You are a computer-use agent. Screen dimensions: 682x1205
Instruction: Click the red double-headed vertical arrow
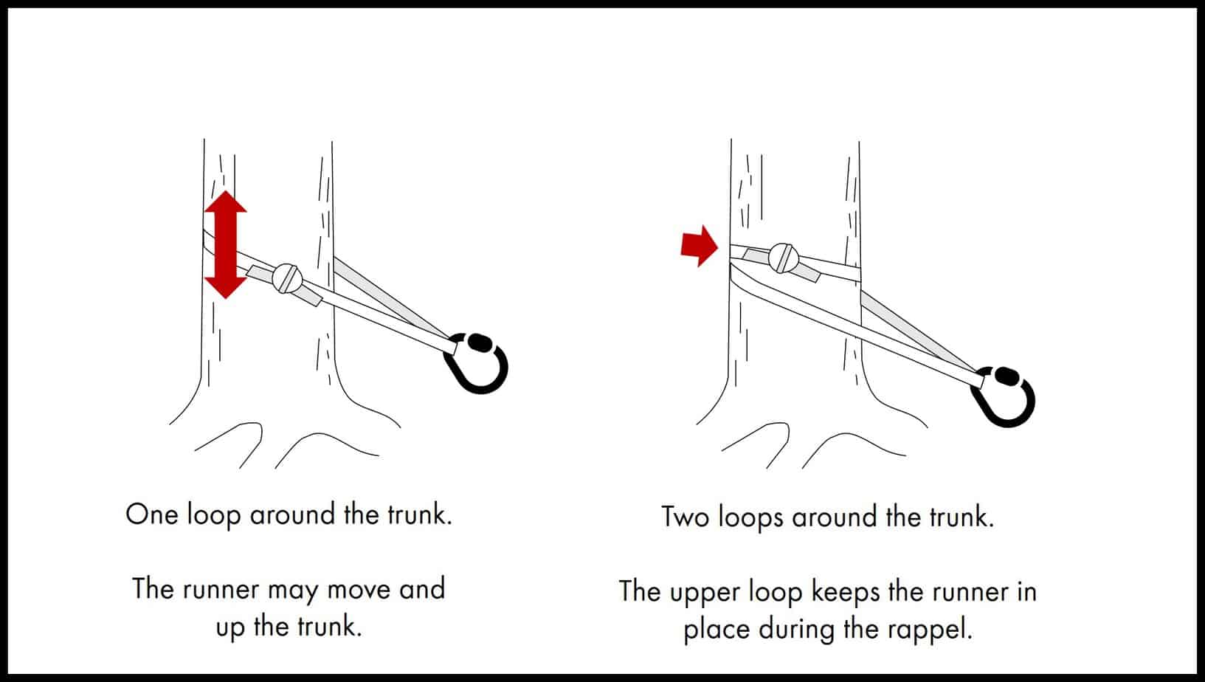click(225, 244)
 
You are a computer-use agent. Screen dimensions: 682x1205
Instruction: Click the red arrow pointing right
click(698, 246)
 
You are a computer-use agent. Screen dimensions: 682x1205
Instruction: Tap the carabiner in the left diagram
click(477, 363)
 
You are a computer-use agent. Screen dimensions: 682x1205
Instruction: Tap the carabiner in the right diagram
click(1004, 398)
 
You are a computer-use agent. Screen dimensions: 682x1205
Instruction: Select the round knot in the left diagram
click(286, 279)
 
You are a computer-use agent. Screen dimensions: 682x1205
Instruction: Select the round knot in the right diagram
click(783, 258)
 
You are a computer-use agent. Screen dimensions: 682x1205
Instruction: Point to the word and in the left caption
click(422, 589)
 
